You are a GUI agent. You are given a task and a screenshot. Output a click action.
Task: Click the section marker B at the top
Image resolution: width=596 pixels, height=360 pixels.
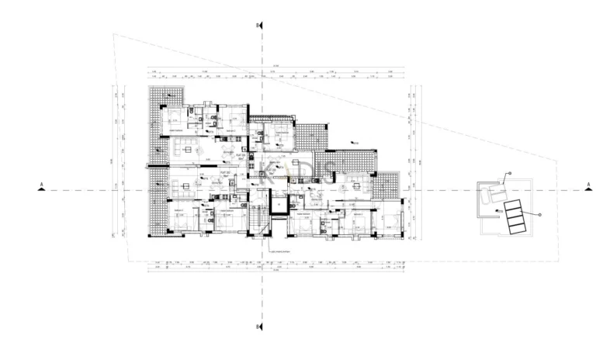coord(261,26)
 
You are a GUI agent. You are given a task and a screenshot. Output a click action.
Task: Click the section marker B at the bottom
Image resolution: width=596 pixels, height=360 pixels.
coord(261,327)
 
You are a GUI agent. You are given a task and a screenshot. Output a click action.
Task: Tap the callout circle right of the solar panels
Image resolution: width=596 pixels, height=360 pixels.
coord(539,213)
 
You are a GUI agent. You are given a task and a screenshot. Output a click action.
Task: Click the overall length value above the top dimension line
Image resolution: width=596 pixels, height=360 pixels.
coord(275,66)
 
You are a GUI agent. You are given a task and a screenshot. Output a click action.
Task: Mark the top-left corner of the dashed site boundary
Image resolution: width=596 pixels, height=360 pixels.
coord(113,33)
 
